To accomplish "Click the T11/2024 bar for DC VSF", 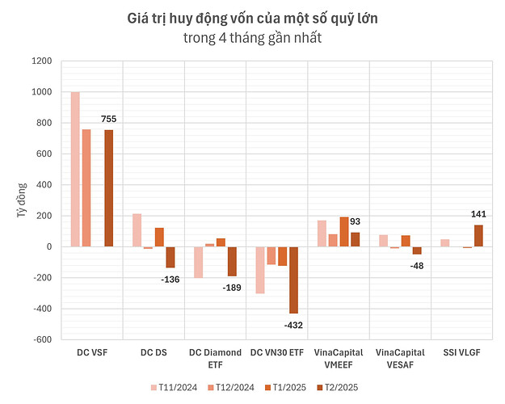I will (x=75, y=169).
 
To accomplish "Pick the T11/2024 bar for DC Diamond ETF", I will (x=199, y=262).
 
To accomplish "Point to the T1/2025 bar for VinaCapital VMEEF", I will (x=322, y=231).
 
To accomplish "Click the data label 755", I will (x=110, y=120).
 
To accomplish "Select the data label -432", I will (x=292, y=324).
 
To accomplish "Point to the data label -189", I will (x=234, y=287).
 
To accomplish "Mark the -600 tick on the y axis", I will (x=40, y=339).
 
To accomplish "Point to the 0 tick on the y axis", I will (x=48, y=246).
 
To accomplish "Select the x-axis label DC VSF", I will (x=91, y=353).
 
